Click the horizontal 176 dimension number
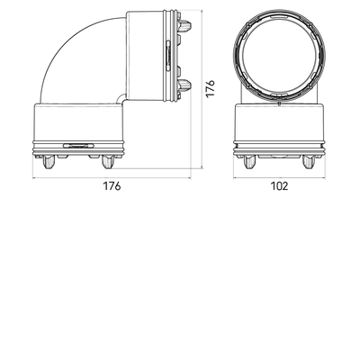(x=112, y=186)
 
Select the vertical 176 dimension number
(x=211, y=88)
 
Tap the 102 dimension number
(x=279, y=186)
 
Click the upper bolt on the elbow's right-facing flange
(x=185, y=26)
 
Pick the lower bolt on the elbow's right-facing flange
(x=185, y=85)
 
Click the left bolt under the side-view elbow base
(x=49, y=162)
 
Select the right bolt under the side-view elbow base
(x=107, y=162)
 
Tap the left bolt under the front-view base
(x=249, y=162)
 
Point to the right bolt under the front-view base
(x=309, y=162)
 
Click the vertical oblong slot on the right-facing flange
(x=168, y=56)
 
